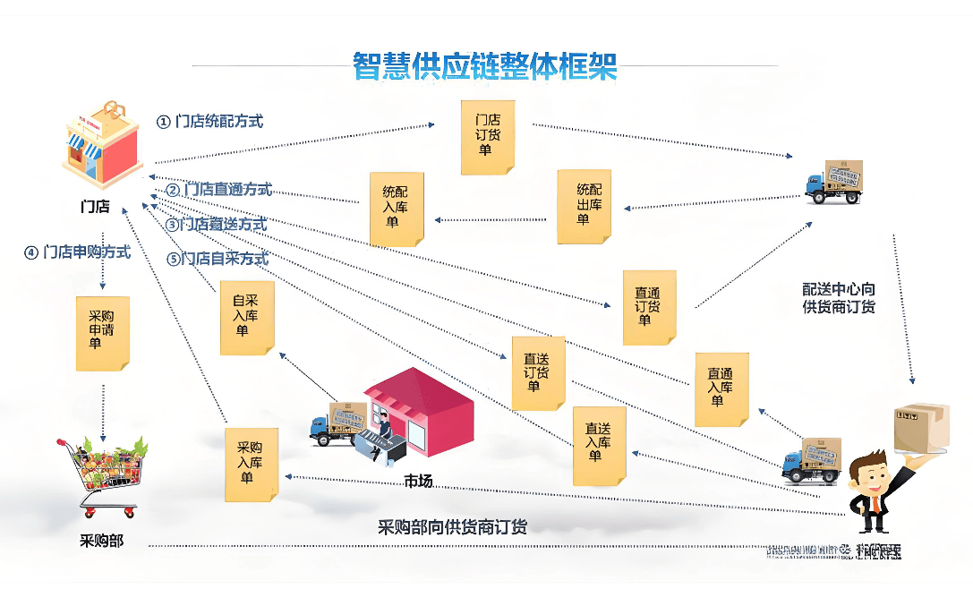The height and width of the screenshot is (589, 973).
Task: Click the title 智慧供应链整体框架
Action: (485, 64)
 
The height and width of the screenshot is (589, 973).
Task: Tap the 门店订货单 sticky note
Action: (488, 137)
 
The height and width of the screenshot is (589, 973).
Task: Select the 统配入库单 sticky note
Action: (397, 209)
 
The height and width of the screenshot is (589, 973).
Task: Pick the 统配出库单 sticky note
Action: (584, 206)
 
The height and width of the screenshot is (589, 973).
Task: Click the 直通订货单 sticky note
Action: (649, 307)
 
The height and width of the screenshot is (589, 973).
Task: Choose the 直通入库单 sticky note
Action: (721, 388)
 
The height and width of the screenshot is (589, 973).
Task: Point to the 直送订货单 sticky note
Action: (538, 372)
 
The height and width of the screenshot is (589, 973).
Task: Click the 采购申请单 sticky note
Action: (102, 333)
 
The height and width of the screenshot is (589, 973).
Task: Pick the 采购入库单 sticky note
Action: (252, 464)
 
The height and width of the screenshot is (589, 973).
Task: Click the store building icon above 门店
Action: (101, 147)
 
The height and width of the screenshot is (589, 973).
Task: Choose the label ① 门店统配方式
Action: (210, 121)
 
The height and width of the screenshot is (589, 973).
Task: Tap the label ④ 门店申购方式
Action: (77, 252)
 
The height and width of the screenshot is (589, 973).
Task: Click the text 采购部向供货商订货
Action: (452, 527)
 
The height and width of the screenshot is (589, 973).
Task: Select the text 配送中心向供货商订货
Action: (838, 298)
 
